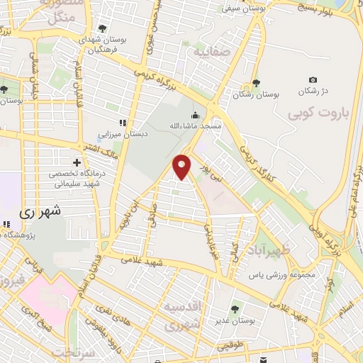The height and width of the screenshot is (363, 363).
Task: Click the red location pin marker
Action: pos(183,166)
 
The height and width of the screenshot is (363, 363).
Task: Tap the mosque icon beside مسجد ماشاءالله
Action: pos(194,116)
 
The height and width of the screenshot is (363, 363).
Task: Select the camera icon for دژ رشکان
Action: pos(313,80)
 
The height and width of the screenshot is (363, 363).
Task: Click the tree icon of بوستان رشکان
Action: pos(256,83)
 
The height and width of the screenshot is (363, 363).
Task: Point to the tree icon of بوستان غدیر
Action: pos(235,308)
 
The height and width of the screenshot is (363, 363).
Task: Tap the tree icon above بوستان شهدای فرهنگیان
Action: pos(104,28)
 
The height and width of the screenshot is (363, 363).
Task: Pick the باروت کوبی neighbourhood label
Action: pos(316,113)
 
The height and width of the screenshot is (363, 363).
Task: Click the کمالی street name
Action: pos(234,249)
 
